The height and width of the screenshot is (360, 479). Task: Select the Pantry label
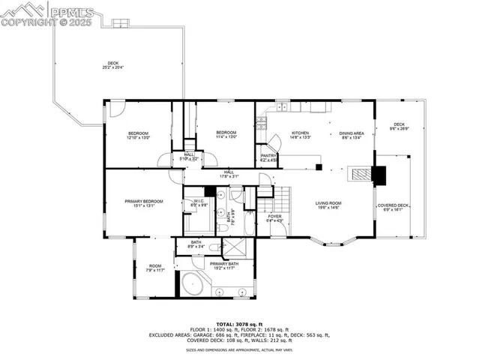point(268,156)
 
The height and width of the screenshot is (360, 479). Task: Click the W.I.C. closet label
point(199,201)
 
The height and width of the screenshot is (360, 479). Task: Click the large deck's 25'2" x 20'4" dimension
point(112,67)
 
